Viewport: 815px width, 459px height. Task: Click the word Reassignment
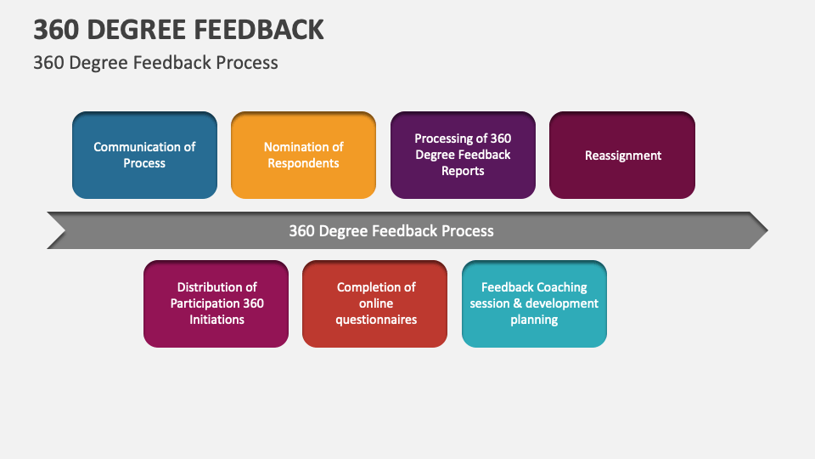tap(622, 156)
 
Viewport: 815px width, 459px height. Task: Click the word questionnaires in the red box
tap(376, 320)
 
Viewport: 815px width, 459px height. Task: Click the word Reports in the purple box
tap(463, 171)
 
